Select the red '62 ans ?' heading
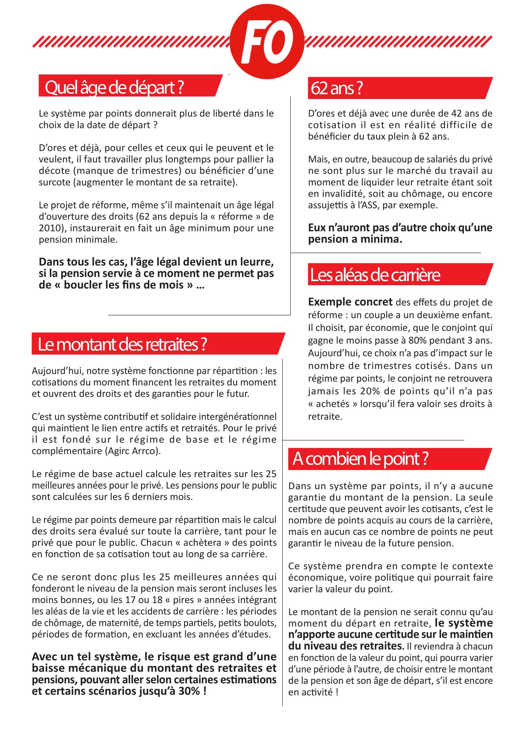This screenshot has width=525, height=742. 336,88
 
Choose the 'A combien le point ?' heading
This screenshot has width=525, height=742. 360,459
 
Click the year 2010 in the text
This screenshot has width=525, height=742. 50,228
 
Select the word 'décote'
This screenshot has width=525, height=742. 51,171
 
